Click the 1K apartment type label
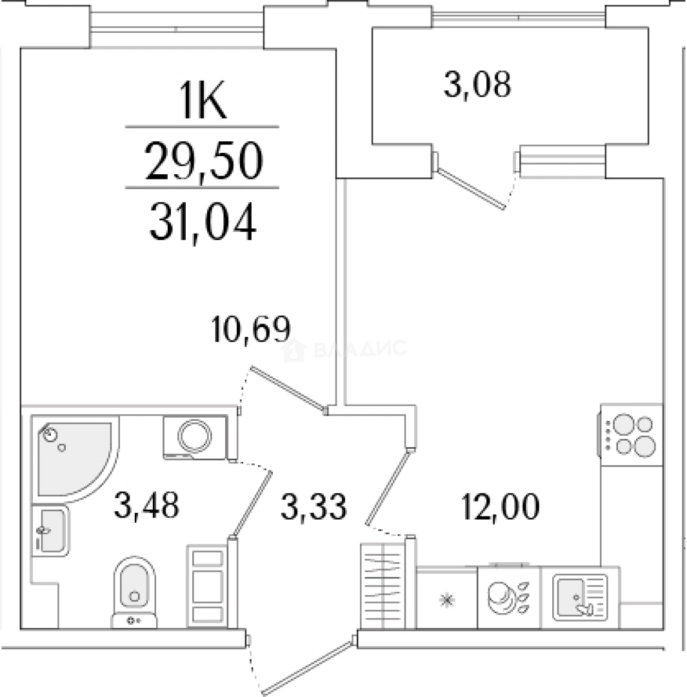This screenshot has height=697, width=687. [x=203, y=100]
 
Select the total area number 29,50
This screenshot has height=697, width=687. [x=204, y=161]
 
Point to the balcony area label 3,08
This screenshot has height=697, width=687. [x=477, y=85]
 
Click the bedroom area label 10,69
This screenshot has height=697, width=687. [x=252, y=329]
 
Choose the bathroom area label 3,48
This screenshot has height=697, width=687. [x=146, y=505]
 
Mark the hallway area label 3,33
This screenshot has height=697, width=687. [x=314, y=507]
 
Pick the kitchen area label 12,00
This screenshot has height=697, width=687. [x=501, y=507]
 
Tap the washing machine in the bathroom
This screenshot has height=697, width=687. [x=195, y=436]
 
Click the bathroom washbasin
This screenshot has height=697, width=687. [x=50, y=530]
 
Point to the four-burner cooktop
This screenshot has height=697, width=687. [x=631, y=435]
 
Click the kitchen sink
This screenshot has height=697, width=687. [x=580, y=596]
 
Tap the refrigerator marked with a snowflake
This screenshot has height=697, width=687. [x=446, y=598]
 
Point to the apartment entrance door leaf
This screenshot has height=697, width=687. [x=309, y=666]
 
